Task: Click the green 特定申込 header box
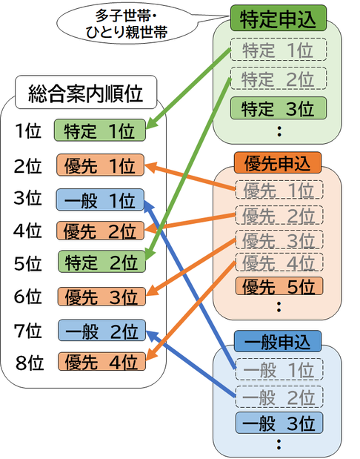click(276, 17)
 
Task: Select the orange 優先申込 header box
click(277, 161)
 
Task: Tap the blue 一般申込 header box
click(277, 341)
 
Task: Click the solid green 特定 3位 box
click(278, 108)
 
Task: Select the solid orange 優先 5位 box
click(278, 285)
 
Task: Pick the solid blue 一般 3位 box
click(278, 423)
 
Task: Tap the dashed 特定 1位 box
click(278, 50)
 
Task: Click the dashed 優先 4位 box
click(278, 262)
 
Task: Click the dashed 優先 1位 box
click(278, 191)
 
